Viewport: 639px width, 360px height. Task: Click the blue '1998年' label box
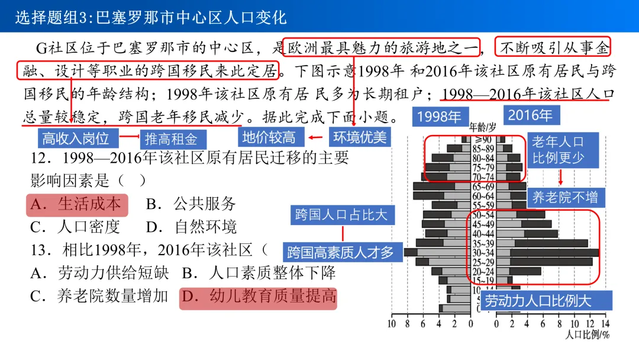point(439,116)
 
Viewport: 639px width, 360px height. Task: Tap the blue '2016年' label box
point(530,115)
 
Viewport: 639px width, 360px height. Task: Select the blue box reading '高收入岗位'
point(76,139)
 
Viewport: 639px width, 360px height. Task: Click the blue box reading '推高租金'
point(172,139)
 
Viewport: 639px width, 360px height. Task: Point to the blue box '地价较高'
point(268,137)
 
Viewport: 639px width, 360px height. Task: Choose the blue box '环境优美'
point(359,137)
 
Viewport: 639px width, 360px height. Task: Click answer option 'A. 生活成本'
point(76,204)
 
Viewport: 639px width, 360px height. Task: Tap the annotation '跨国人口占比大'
point(341,214)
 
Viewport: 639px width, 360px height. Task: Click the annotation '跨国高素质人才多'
point(341,253)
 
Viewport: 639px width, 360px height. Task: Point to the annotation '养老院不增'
point(564,197)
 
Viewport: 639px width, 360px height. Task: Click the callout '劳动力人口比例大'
point(538,300)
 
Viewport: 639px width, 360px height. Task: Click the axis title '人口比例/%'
point(587,335)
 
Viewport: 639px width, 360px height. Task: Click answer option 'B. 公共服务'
point(191,204)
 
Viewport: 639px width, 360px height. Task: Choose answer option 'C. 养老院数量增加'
point(99,296)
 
